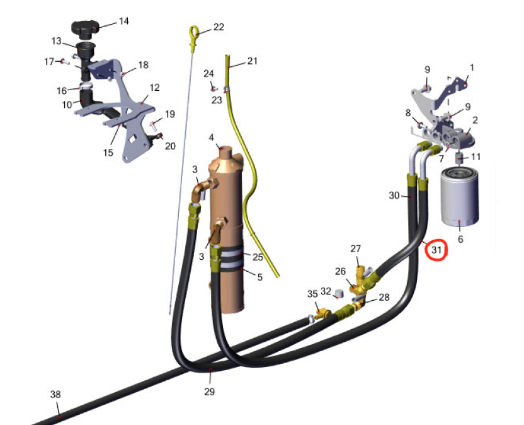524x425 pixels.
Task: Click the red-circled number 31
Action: pyautogui.click(x=436, y=250)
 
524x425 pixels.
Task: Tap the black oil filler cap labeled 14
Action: pyautogui.click(x=86, y=30)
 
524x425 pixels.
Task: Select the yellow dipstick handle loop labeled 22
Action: pyautogui.click(x=194, y=33)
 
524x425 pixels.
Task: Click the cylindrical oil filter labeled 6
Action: pyautogui.click(x=460, y=197)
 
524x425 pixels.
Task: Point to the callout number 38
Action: pyautogui.click(x=55, y=394)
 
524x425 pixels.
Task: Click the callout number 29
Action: pyautogui.click(x=210, y=392)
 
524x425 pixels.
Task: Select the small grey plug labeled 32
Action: pyautogui.click(x=339, y=294)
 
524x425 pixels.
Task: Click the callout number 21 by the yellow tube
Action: pyautogui.click(x=253, y=61)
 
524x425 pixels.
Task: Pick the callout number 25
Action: pyautogui.click(x=258, y=257)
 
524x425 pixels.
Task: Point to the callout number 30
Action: pyautogui.click(x=394, y=195)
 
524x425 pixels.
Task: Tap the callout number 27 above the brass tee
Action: pyautogui.click(x=356, y=248)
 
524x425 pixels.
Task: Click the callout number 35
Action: pyautogui.click(x=312, y=294)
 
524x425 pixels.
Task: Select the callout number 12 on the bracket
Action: pyautogui.click(x=154, y=88)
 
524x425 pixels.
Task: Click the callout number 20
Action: pyautogui.click(x=170, y=146)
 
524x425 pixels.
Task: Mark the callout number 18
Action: pyautogui.click(x=144, y=65)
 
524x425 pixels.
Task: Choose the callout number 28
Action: pyautogui.click(x=384, y=297)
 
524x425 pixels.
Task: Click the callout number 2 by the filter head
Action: pyautogui.click(x=475, y=120)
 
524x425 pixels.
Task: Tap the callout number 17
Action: pyautogui.click(x=49, y=62)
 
